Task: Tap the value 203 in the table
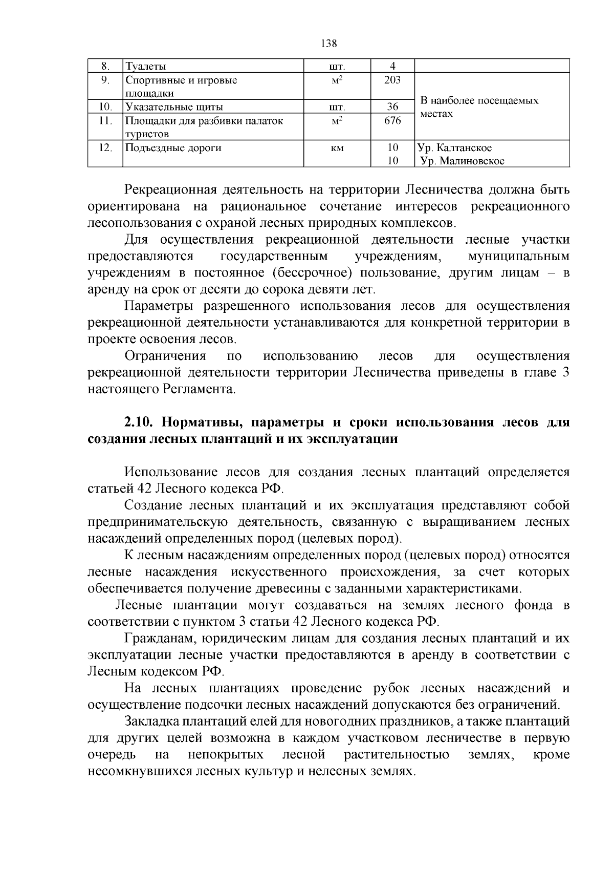click(x=392, y=80)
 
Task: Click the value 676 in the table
click(x=392, y=121)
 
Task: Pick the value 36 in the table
click(x=392, y=107)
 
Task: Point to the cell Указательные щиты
click(x=174, y=107)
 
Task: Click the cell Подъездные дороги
click(x=173, y=148)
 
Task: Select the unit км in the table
click(x=337, y=148)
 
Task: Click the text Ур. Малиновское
click(x=462, y=161)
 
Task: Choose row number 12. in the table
click(x=105, y=148)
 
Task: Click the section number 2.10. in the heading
click(x=139, y=422)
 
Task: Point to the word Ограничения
click(x=165, y=356)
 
